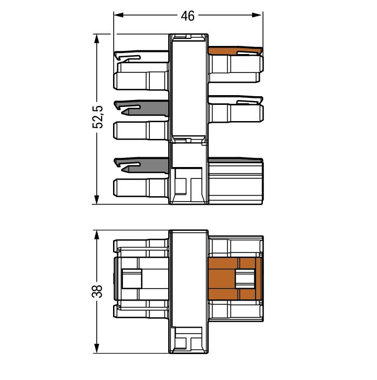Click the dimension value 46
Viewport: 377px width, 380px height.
(188, 16)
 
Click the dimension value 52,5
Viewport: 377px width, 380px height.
(98, 117)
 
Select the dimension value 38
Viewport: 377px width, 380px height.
(97, 291)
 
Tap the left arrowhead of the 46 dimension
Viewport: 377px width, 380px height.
(119, 15)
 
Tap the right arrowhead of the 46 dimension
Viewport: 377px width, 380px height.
(257, 15)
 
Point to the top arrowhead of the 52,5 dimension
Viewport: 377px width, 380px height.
(97, 39)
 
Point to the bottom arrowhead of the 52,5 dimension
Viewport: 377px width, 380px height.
(97, 199)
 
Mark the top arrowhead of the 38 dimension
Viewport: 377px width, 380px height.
(97, 235)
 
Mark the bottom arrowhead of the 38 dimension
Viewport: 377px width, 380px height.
(97, 348)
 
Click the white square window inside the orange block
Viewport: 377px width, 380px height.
(246, 279)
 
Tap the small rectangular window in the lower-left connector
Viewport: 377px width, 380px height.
(131, 279)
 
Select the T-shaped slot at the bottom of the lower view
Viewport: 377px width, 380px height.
(188, 339)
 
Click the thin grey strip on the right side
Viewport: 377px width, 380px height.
(235, 160)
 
